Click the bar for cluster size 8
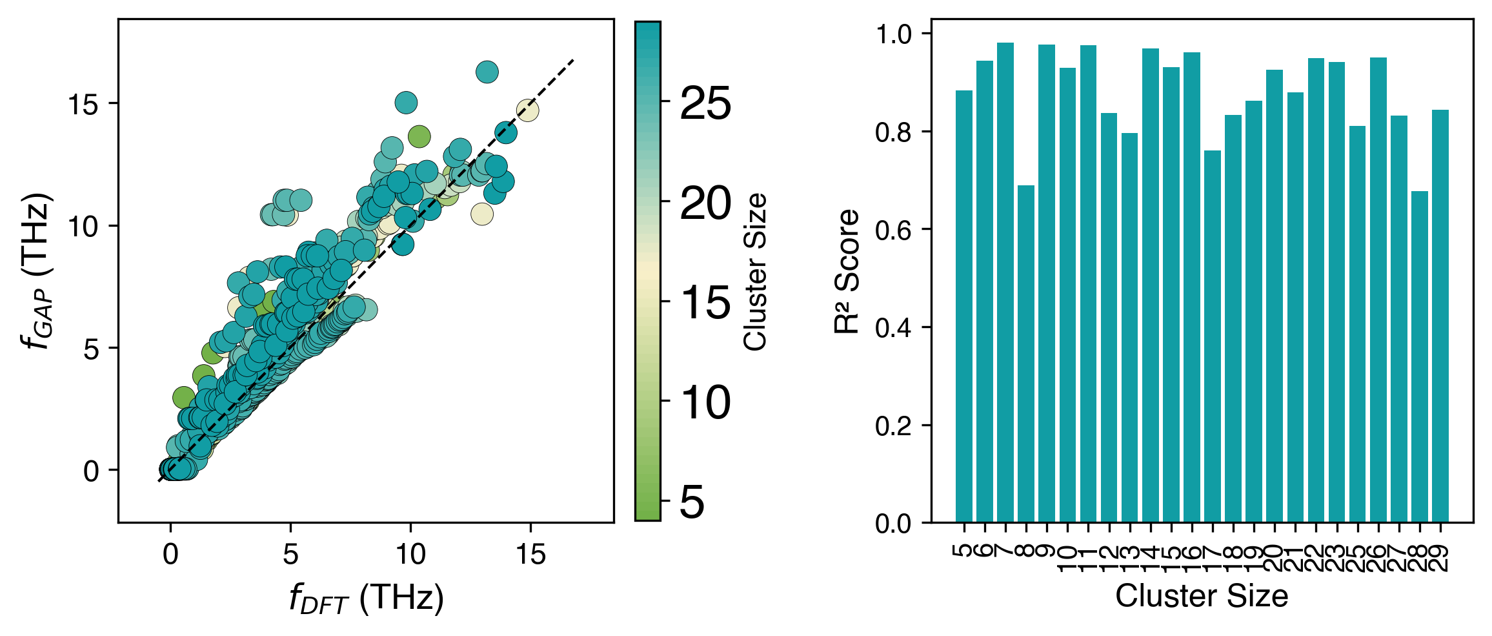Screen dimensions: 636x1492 (1026, 354)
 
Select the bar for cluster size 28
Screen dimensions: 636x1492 (1420, 356)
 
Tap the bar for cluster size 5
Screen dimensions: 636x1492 (963, 306)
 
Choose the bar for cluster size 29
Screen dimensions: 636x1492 (1440, 316)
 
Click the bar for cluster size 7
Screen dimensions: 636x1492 (1005, 282)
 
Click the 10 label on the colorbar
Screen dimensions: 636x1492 (705, 404)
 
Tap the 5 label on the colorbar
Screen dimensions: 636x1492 (692, 503)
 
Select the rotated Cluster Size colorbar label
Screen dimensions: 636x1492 (755, 271)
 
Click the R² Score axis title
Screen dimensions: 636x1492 (847, 271)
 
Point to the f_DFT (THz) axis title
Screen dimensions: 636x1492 (366, 598)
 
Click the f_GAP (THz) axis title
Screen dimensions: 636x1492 (37, 271)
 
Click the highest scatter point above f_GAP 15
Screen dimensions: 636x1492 (487, 72)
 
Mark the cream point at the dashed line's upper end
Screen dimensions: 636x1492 (527, 110)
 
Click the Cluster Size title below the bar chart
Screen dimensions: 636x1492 (1202, 596)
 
